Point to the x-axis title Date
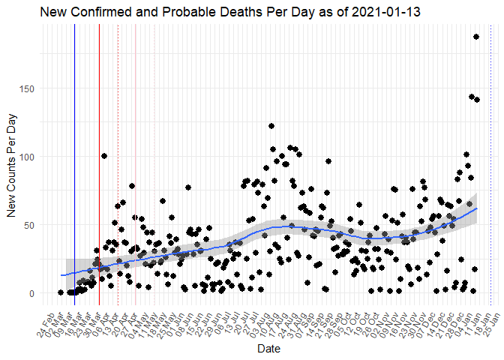(x=268, y=349)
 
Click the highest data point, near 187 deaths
(x=475, y=37)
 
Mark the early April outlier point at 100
(x=104, y=156)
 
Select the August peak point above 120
(x=271, y=126)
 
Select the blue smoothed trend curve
(x=300, y=227)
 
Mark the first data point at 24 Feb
(x=61, y=292)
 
